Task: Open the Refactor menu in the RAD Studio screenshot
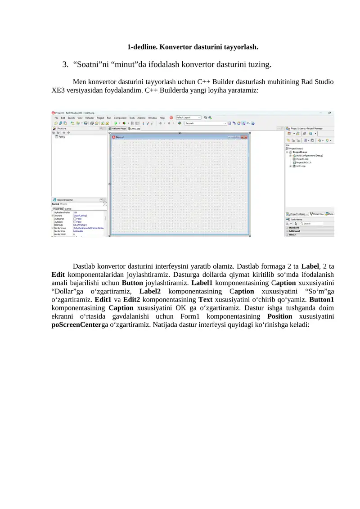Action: [x=90, y=118]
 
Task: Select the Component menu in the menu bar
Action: [x=120, y=118]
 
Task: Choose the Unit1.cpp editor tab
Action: [x=136, y=128]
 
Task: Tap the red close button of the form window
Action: [x=244, y=137]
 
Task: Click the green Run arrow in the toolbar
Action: [x=116, y=123]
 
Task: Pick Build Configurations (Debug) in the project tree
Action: [x=310, y=156]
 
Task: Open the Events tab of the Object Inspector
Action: [x=68, y=209]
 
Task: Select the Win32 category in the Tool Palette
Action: [x=292, y=234]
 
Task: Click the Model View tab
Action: [x=318, y=214]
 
